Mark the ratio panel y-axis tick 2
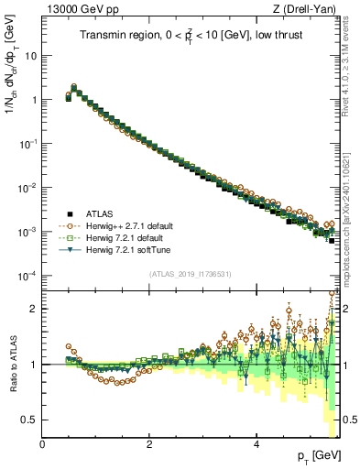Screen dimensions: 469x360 point(33,309)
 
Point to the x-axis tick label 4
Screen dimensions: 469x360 point(256,444)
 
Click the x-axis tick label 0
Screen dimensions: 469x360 point(43,444)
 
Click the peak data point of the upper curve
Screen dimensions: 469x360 point(73,86)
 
